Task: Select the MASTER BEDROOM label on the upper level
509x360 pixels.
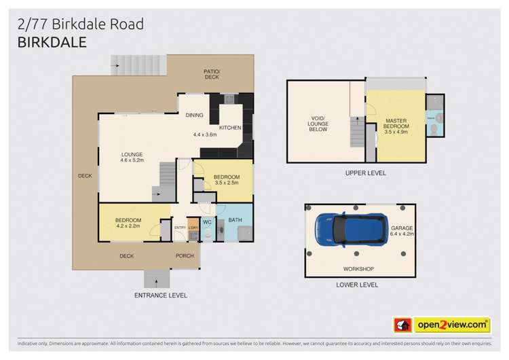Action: [396, 126]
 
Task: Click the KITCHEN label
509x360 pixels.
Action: [229, 128]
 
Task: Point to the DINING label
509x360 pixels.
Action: [195, 115]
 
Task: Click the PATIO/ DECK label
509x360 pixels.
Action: [212, 74]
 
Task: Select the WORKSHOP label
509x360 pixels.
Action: [358, 269]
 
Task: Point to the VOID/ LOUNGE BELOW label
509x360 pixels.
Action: [318, 124]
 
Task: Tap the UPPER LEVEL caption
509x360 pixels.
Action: [365, 173]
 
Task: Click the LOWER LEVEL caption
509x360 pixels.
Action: [357, 286]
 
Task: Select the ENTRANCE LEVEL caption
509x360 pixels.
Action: [160, 295]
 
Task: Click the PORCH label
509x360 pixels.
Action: [185, 256]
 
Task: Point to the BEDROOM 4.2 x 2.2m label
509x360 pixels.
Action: [128, 223]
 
